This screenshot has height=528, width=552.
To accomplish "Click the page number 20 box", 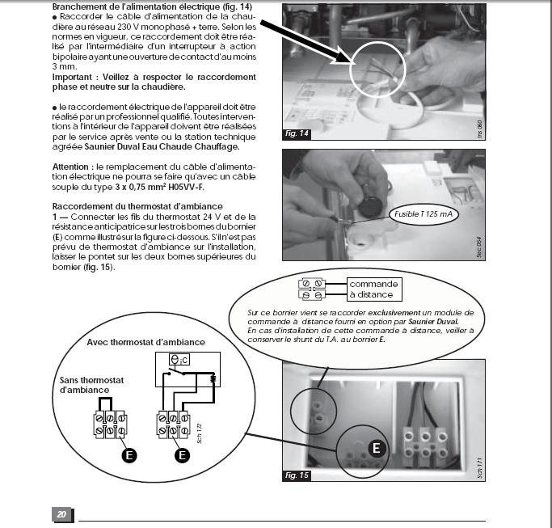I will [61, 514].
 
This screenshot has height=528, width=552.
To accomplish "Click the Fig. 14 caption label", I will [298, 133].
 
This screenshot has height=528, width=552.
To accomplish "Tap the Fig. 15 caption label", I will [297, 475].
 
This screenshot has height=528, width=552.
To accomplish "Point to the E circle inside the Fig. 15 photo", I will [376, 447].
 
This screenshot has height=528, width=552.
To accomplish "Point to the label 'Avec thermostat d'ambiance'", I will [145, 342].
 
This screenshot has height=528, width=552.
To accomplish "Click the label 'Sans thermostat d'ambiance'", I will [88, 384].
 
